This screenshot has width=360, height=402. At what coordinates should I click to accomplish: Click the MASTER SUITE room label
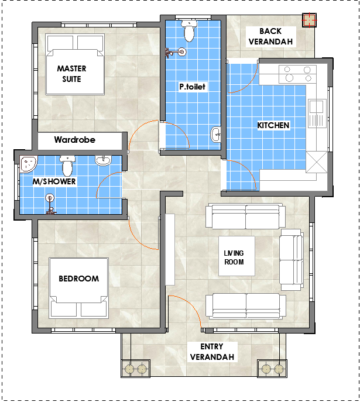(71, 74)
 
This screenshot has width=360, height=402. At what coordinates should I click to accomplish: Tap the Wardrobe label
(74, 140)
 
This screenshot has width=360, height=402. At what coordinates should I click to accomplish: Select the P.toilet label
(193, 87)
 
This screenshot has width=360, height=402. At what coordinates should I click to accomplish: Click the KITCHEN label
(273, 125)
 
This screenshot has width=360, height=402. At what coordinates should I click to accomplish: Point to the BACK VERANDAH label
(271, 36)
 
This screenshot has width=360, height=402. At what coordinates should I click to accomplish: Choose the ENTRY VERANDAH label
(212, 352)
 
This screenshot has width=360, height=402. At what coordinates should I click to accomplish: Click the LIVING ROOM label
(234, 257)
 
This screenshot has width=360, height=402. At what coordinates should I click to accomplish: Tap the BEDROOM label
(78, 279)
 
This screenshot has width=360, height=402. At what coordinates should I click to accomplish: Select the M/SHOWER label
(54, 181)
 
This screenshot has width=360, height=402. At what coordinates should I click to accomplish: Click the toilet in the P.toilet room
(189, 31)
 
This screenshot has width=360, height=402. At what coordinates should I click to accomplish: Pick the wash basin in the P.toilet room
(216, 134)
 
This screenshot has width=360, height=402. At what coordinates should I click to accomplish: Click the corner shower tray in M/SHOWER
(28, 164)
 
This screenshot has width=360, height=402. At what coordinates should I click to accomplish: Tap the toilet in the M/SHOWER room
(67, 166)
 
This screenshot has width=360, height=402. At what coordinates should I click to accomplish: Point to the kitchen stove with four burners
(297, 74)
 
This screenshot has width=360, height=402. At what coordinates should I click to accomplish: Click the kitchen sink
(317, 114)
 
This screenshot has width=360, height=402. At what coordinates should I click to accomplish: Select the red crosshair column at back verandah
(309, 20)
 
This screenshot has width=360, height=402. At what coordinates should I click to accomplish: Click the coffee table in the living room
(236, 256)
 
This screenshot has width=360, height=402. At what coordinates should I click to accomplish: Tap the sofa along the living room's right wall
(292, 260)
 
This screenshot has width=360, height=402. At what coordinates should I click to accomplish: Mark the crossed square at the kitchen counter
(317, 162)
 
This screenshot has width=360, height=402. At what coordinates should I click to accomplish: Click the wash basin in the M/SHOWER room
(104, 160)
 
